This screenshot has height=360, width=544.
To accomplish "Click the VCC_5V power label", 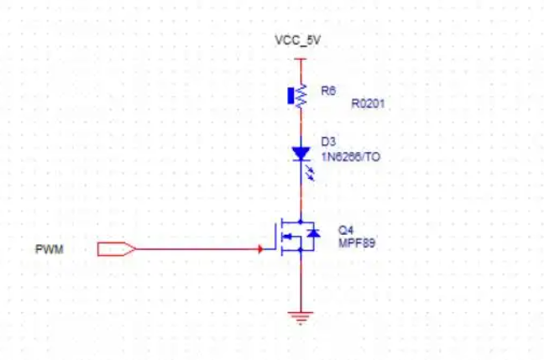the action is pyautogui.click(x=298, y=40).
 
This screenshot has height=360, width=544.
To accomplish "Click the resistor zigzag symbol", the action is pyautogui.click(x=301, y=96).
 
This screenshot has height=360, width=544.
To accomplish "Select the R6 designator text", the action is pyautogui.click(x=328, y=91).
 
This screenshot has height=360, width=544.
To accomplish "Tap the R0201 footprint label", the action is pyautogui.click(x=368, y=103).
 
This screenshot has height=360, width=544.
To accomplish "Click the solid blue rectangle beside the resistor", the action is pyautogui.click(x=290, y=96).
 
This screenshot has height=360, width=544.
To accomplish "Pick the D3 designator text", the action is pyautogui.click(x=328, y=142).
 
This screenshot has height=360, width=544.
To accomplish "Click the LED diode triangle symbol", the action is pyautogui.click(x=301, y=154).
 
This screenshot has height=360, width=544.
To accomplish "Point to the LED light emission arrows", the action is pyautogui.click(x=310, y=173).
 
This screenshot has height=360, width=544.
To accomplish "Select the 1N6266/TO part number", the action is pyautogui.click(x=351, y=157).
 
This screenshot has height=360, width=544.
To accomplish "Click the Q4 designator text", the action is pyautogui.click(x=346, y=230).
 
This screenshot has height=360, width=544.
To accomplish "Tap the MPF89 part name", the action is pyautogui.click(x=357, y=243).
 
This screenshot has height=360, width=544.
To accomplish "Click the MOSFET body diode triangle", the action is pyautogui.click(x=314, y=233).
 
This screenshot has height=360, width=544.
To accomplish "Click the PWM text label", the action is pyautogui.click(x=50, y=249).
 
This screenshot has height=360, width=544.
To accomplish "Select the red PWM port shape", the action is pyautogui.click(x=116, y=249).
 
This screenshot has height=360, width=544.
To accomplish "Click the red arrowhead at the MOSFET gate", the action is pyautogui.click(x=260, y=249).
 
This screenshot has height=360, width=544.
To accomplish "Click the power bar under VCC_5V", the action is pyautogui.click(x=301, y=59).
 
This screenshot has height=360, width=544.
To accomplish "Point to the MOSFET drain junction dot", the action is pyautogui.click(x=301, y=222).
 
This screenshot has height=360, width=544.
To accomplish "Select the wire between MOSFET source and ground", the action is pyautogui.click(x=301, y=281).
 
